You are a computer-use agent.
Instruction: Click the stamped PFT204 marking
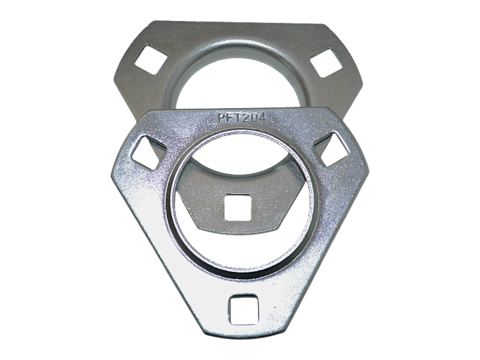tap(241, 117)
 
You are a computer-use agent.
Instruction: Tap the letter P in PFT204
tap(221, 118)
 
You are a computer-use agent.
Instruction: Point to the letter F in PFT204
tap(229, 118)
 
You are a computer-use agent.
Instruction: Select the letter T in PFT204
tap(236, 118)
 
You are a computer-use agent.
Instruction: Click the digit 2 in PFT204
tap(244, 117)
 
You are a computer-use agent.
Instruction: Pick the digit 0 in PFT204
tap(253, 117)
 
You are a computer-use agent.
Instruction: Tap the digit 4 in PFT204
tap(261, 116)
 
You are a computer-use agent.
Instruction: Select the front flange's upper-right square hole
tap(332, 149)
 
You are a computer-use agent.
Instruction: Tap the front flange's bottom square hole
tap(244, 310)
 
